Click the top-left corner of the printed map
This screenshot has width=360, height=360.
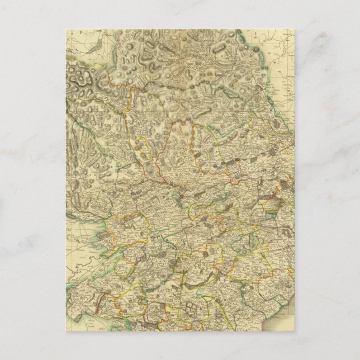(66, 30)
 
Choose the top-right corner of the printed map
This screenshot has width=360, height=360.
(294, 30)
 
